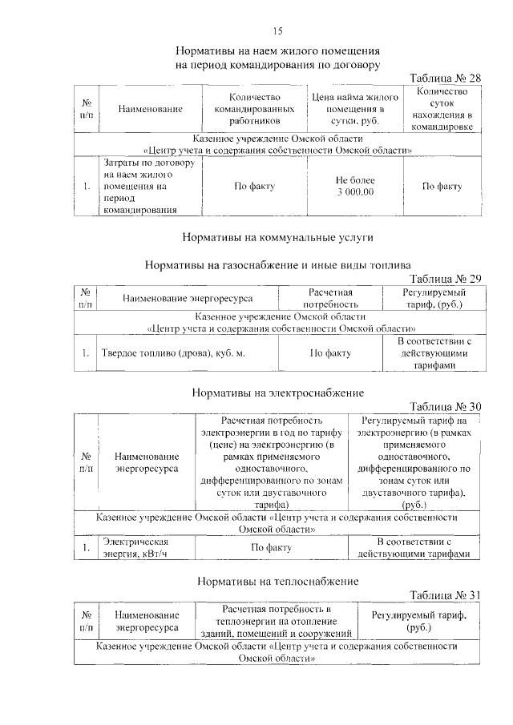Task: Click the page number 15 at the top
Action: coord(277,31)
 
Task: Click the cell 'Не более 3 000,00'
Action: coord(354,187)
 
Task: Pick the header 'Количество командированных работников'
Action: coord(253,109)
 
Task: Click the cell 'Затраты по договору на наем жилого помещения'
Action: coord(148,187)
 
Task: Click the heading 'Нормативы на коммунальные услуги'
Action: coord(277,237)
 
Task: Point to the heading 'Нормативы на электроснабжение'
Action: coord(278,393)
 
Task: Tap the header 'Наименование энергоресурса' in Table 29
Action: coord(188,298)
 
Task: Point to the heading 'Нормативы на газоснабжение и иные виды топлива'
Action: coord(277,264)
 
